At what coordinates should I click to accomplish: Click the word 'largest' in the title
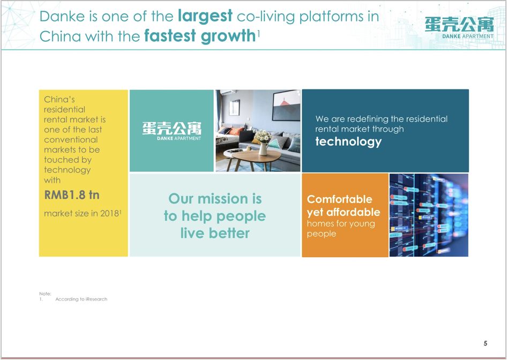(x=205, y=17)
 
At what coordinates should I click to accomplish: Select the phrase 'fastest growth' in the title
(x=200, y=36)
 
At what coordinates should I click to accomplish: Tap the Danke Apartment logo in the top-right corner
(x=459, y=28)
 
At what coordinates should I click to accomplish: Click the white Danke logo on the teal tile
(x=172, y=131)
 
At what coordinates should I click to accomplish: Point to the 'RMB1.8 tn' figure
(x=71, y=195)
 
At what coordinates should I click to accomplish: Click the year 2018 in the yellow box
(x=109, y=213)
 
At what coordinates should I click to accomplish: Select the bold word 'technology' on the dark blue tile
(x=348, y=142)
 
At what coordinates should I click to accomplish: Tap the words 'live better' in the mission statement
(x=215, y=233)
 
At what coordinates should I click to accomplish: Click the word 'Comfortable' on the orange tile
(x=339, y=199)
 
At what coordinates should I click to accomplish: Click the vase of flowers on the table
(x=263, y=142)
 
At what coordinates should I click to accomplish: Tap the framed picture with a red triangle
(x=287, y=105)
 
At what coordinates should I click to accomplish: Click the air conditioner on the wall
(x=228, y=92)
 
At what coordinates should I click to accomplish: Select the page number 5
(x=486, y=343)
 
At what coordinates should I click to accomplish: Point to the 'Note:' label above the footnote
(x=45, y=294)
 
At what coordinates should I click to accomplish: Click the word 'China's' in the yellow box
(x=59, y=99)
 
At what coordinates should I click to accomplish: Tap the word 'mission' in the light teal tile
(x=223, y=199)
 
